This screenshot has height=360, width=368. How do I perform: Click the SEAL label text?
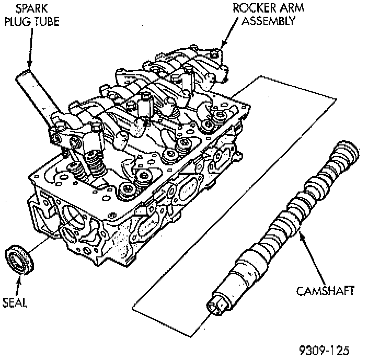tap(15, 302)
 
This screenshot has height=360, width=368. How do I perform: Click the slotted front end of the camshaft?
tap(217, 303)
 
